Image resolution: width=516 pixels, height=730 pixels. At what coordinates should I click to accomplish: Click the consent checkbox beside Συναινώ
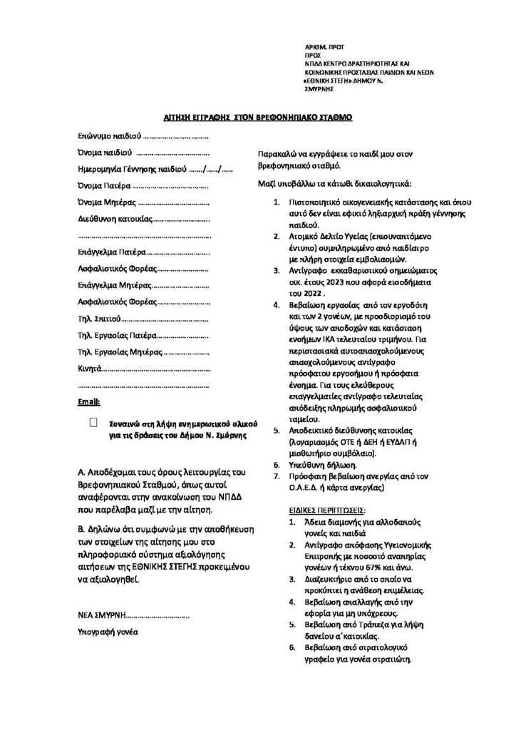[93, 423]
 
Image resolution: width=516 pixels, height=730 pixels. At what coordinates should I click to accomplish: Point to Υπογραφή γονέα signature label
[108, 632]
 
